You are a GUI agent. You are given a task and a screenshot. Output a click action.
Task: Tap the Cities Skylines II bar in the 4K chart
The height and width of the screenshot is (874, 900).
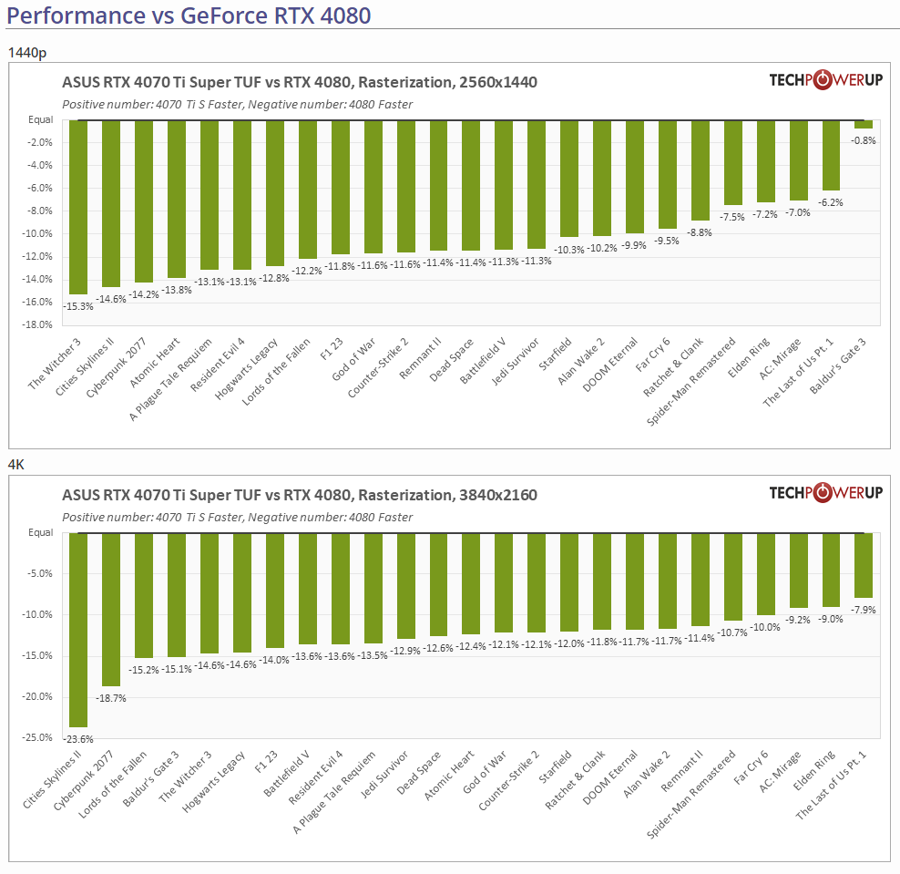pyautogui.click(x=77, y=629)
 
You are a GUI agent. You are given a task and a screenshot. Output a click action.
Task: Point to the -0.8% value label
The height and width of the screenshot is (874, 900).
pyautogui.click(x=864, y=140)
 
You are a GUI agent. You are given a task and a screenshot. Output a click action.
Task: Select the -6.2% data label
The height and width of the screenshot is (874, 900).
pyautogui.click(x=831, y=202)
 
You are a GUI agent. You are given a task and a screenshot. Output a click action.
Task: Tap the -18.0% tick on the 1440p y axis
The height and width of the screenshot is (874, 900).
pyautogui.click(x=38, y=325)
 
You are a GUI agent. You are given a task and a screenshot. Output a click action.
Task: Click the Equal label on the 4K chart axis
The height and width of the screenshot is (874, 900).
pyautogui.click(x=41, y=533)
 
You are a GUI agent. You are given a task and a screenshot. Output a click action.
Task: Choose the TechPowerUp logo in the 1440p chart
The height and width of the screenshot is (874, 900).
pyautogui.click(x=825, y=80)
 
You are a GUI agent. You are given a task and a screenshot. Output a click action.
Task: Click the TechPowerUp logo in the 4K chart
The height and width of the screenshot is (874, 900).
pyautogui.click(x=825, y=493)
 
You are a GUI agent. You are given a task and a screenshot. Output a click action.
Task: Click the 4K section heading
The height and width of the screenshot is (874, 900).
pyautogui.click(x=16, y=465)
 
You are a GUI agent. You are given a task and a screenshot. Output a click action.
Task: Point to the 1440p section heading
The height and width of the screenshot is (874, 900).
pyautogui.click(x=26, y=52)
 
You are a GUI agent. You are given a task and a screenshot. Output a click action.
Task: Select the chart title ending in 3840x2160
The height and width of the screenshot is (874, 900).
pyautogui.click(x=300, y=496)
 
